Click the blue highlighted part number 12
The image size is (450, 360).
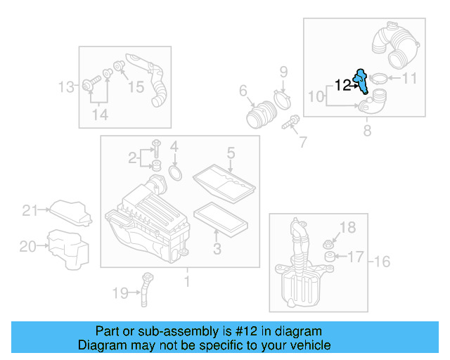(x=362, y=81)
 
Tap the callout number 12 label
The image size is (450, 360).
(x=342, y=85)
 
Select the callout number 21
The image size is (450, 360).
(x=29, y=210)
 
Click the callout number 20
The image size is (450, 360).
(x=27, y=246)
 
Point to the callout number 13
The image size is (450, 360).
(x=66, y=87)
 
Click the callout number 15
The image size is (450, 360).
(x=136, y=87)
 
